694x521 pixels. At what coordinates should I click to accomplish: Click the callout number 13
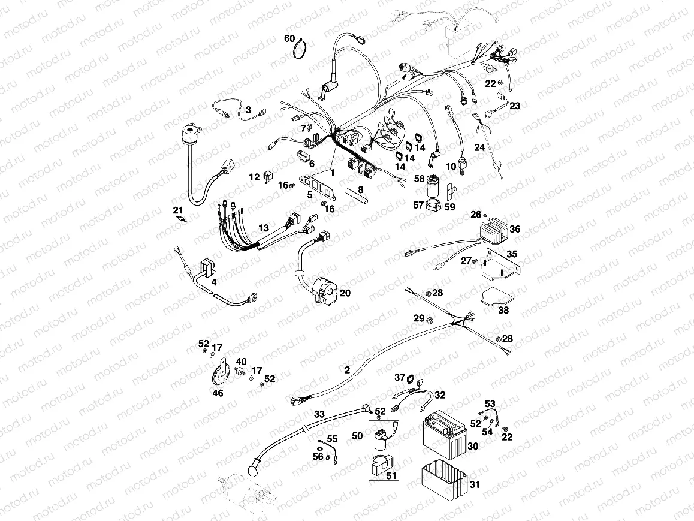click(264, 228)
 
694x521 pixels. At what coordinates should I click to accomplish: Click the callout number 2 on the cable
click(347, 370)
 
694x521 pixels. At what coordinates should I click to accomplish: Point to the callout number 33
click(319, 414)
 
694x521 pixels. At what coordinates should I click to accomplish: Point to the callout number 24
click(479, 147)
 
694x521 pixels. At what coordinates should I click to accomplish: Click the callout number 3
click(248, 110)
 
